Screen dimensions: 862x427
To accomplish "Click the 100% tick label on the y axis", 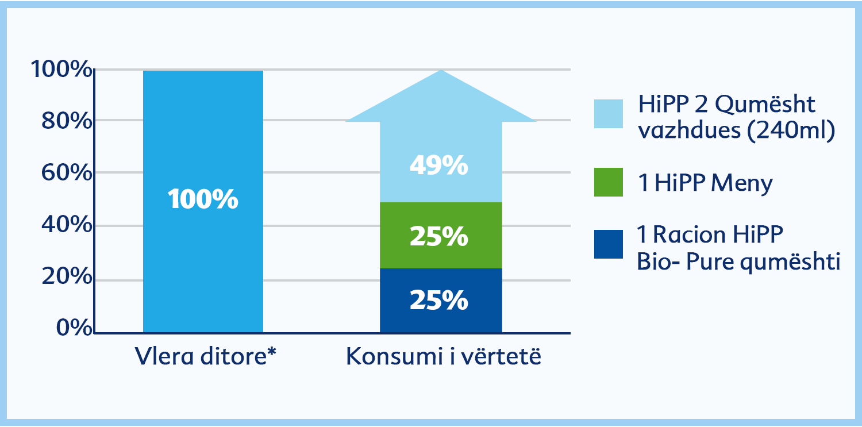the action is pos(61,69).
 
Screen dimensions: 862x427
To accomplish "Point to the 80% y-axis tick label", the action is pos(67,121).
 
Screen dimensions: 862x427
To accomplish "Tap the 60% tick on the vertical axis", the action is pos(67,172).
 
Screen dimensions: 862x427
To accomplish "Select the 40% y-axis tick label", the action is pos(67,224).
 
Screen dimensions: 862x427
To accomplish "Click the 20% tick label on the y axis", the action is pos(67,276).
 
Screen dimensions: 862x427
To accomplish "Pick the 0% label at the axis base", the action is pos(75,328).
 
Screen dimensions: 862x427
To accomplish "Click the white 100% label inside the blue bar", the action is pos(203,199).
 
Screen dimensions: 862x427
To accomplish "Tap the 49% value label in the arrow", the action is pos(439,166).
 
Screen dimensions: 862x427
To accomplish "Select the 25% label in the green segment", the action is pos(439,236).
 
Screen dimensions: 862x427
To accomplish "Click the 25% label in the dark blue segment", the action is pos(439,300).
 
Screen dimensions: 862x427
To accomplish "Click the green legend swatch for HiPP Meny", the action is pos(609,182).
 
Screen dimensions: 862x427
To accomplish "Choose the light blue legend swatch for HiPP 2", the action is pos(609,114).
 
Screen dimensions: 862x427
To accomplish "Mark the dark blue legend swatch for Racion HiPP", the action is pos(609,244).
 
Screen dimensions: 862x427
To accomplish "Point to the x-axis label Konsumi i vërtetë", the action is pos(443,356).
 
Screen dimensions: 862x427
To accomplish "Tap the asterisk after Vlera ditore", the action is pos(271,352).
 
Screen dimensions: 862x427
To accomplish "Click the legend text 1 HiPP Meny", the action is pos(705,183).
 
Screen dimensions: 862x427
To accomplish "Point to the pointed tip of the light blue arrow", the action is pos(441,70).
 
